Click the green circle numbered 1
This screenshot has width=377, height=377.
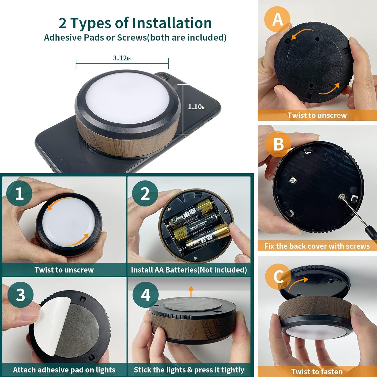click(x=19, y=193)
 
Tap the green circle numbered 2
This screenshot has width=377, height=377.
click(x=145, y=193)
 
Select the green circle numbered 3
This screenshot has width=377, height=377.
click(x=20, y=294)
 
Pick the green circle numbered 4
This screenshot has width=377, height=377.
click(x=146, y=294)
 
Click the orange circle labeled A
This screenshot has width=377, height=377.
click(x=277, y=19)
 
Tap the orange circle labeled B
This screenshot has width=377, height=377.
click(x=278, y=144)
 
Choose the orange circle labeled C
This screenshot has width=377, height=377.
click(x=278, y=277)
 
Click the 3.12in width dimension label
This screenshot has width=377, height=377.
click(x=122, y=58)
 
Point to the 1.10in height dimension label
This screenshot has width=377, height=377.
click(x=197, y=107)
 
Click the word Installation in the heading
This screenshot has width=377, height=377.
click(x=172, y=23)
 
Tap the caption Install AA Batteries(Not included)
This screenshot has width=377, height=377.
click(x=189, y=270)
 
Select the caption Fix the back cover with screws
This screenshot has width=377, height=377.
click(x=317, y=246)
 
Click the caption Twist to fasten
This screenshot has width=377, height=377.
click(x=317, y=371)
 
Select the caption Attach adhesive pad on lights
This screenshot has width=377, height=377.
click(x=64, y=370)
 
